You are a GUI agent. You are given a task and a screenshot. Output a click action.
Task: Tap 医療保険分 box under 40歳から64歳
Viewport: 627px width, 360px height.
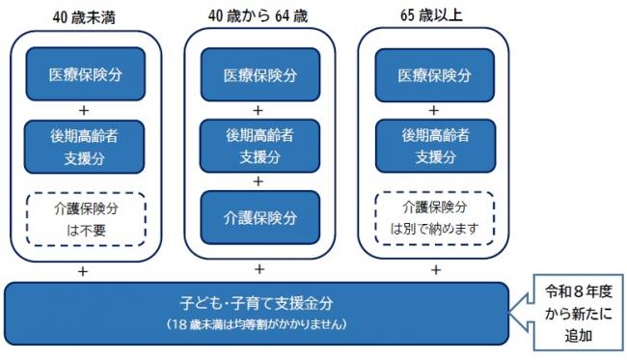coord(259,74)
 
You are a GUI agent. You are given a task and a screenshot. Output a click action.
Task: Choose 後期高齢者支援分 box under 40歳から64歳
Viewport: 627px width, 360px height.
coord(259,146)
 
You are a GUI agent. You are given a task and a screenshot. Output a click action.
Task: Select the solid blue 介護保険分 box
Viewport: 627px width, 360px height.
coord(259,219)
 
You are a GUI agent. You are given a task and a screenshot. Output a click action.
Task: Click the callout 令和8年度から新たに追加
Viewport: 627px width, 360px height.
coord(573,306)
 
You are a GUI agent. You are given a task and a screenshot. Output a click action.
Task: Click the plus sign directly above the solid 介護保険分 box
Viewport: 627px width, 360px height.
coord(259,181)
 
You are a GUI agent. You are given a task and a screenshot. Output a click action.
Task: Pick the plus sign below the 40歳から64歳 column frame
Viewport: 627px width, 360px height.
coord(259,271)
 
